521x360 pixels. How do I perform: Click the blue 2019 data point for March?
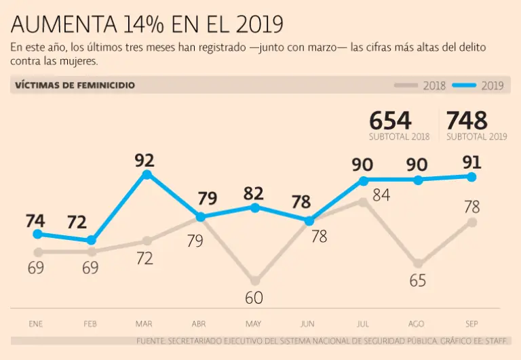pyautogui.click(x=147, y=175)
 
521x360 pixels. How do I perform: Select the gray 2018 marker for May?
pyautogui.click(x=255, y=280)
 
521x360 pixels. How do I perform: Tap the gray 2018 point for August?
pyautogui.click(x=419, y=263)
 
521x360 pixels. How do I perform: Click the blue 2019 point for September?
pyautogui.click(x=473, y=177)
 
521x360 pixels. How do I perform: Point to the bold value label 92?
pyautogui.click(x=144, y=161)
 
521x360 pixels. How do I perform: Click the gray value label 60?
pyautogui.click(x=254, y=298)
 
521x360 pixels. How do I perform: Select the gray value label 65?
pyautogui.click(x=417, y=281)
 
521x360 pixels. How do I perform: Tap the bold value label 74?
pyautogui.click(x=36, y=221)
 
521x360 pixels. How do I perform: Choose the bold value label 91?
pyautogui.click(x=472, y=163)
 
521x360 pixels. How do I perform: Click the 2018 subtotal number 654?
pyautogui.click(x=390, y=121)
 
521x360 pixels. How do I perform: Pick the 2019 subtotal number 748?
pyautogui.click(x=467, y=121)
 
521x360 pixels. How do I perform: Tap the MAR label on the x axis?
pyautogui.click(x=144, y=323)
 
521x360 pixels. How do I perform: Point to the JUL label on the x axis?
pyautogui.click(x=363, y=323)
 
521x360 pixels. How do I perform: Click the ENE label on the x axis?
pyautogui.click(x=36, y=323)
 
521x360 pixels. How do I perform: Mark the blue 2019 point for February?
pyautogui.click(x=92, y=241)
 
